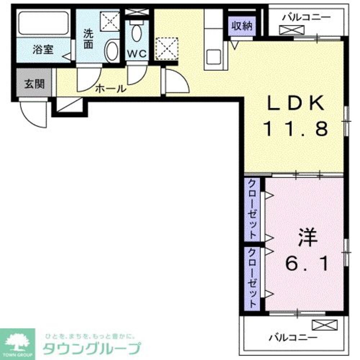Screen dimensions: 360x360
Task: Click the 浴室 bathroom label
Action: tap(43, 50)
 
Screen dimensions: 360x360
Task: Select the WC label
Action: tap(136, 54)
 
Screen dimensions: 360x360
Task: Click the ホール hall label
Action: tap(111, 88)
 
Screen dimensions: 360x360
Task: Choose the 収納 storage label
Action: tap(242, 26)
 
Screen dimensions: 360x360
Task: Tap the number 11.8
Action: tap(296, 128)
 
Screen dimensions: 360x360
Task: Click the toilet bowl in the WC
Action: tap(136, 32)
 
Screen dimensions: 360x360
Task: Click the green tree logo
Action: tap(17, 342)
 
